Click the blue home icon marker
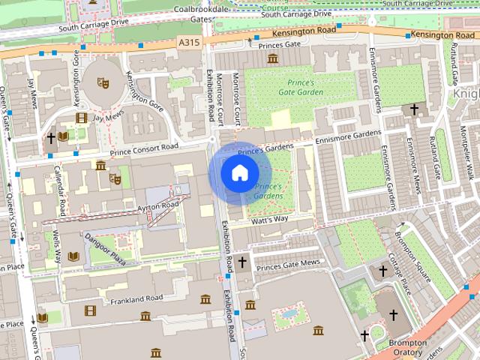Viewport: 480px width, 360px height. coord(238,173)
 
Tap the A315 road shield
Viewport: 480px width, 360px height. coord(189,43)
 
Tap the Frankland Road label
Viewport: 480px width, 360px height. coord(135,298)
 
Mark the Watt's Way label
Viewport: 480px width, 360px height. coord(270,220)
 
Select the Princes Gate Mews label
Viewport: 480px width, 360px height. coord(288,263)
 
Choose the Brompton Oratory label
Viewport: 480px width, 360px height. coord(408,348)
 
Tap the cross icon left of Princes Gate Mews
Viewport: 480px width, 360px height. coord(241,262)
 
